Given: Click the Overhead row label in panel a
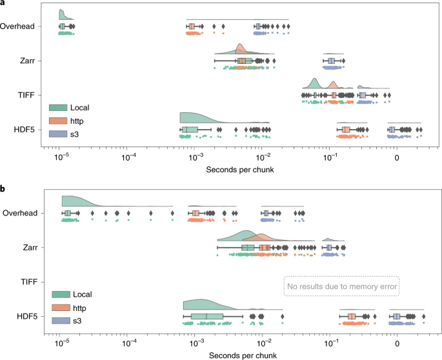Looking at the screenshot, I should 19,26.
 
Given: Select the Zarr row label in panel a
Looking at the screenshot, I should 28,61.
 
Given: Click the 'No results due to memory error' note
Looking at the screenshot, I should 341,285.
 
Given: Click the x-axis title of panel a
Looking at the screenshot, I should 237,169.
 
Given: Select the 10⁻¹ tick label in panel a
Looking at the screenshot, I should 329,156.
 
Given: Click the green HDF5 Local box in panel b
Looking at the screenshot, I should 206,317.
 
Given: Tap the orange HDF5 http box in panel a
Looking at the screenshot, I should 346,130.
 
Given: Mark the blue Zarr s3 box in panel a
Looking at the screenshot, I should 332,61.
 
